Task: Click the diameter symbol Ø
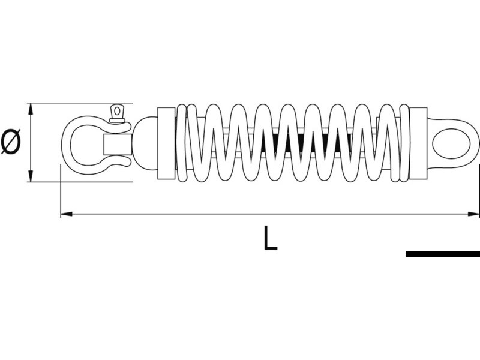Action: pyautogui.click(x=11, y=142)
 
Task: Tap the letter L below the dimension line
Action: pyautogui.click(x=270, y=238)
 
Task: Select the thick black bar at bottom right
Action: pyautogui.click(x=442, y=254)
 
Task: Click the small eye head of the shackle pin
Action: pyautogui.click(x=116, y=112)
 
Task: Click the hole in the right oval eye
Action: pyautogui.click(x=451, y=143)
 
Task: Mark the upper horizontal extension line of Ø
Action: pyautogui.click(x=78, y=103)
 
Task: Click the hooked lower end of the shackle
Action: pyautogui.click(x=120, y=162)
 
